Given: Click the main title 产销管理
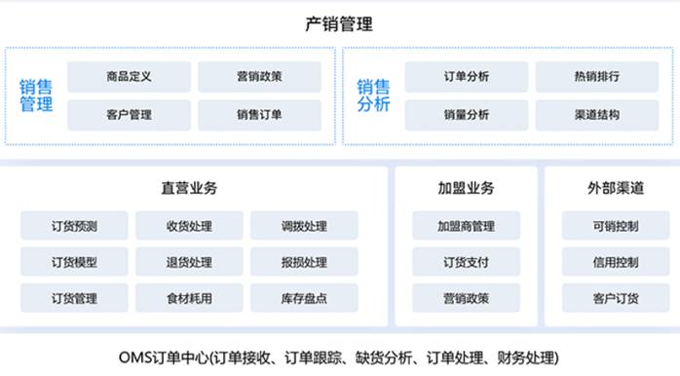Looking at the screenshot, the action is [x=339, y=23].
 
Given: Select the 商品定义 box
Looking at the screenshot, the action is [x=129, y=77].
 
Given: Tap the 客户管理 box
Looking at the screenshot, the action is [x=129, y=115].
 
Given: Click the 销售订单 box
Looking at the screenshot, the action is [x=259, y=115].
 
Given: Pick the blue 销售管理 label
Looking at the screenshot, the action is [x=36, y=95].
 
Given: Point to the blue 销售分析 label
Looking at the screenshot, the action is [x=373, y=95].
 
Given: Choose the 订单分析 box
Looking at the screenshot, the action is [x=467, y=77].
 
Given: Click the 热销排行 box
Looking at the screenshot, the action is [x=597, y=77].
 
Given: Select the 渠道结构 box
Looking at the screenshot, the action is [x=597, y=115].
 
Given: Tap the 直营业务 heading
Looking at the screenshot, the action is [x=189, y=188].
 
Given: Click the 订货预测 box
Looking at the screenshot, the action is [x=74, y=226].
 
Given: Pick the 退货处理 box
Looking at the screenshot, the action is [x=189, y=262].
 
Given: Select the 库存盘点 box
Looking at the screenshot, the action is [x=304, y=298].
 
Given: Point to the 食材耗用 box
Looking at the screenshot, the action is [x=189, y=298].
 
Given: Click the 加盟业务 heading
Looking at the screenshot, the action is [x=467, y=188].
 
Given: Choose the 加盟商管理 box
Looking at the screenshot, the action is [x=467, y=226].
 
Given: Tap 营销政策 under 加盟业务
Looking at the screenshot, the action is [x=467, y=298].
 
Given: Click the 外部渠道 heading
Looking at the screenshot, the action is [x=616, y=188].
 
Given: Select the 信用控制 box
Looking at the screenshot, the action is [x=616, y=262].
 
